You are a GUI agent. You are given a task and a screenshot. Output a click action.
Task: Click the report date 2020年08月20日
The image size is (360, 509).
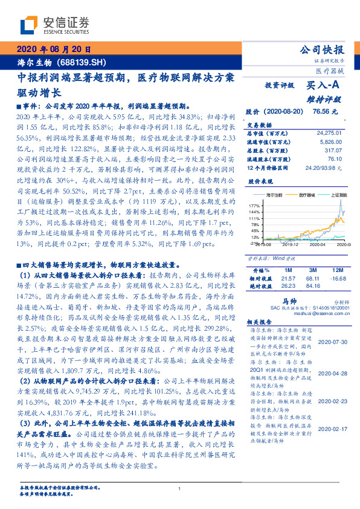point(54,50)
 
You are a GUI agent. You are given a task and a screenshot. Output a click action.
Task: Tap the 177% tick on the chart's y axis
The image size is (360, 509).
point(254,206)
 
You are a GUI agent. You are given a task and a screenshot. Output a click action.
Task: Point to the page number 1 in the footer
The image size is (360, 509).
point(180,488)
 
